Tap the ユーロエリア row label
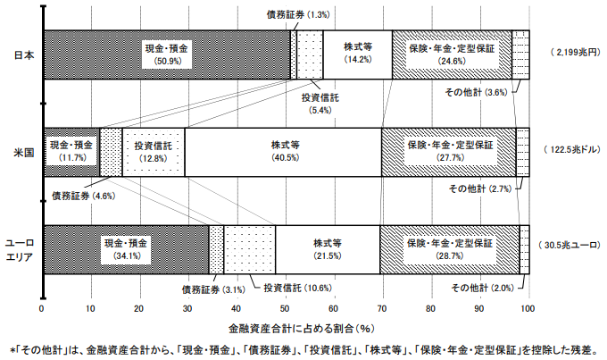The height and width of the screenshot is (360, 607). click(20, 249)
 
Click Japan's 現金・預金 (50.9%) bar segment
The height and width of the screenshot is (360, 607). click(167, 54)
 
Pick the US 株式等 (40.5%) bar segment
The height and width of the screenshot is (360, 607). click(284, 151)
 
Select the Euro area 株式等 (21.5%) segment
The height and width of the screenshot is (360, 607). click(328, 248)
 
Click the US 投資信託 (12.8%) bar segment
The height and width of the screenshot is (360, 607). click(154, 151)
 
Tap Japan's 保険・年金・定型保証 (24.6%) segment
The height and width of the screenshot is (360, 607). click(452, 54)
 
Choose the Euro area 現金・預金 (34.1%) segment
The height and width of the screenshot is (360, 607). click(125, 248)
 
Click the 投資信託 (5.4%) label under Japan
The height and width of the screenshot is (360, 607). click(319, 102)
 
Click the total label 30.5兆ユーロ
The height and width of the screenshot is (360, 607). click(569, 244)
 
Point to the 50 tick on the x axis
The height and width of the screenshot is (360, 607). click(285, 308)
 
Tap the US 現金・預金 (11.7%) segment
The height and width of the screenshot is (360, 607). click(71, 151)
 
